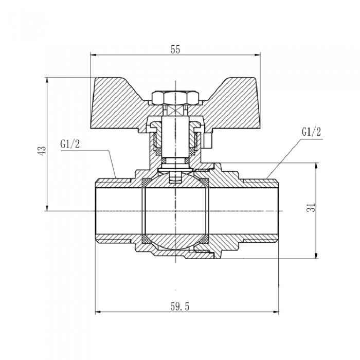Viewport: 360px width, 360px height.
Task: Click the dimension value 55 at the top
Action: pyautogui.click(x=175, y=49)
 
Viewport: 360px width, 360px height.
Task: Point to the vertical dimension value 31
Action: pyautogui.click(x=310, y=208)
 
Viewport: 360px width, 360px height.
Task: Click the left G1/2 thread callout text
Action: pyautogui.click(x=70, y=145)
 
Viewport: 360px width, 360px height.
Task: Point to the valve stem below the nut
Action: pyautogui.click(x=175, y=136)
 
